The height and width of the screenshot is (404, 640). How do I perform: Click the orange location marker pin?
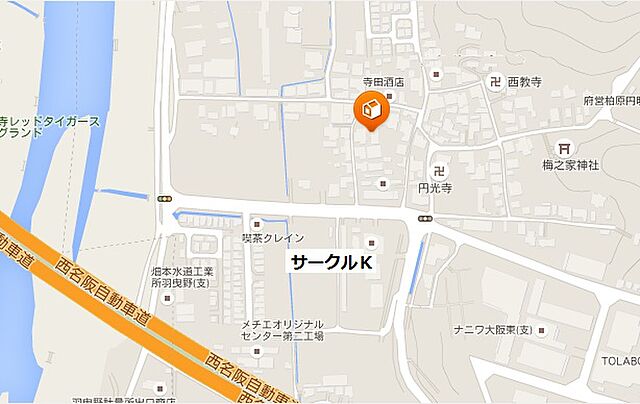coord(369,111)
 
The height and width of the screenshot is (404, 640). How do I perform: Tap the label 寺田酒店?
coord(381,83)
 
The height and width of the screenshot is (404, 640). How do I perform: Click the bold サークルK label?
coord(331,263)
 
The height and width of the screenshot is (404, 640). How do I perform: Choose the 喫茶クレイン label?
coord(271,239)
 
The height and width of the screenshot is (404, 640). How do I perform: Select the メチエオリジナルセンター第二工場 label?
coord(282,330)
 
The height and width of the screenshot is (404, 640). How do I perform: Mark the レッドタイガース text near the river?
coord(51,121)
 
